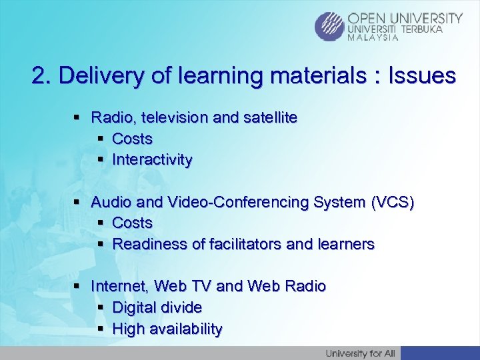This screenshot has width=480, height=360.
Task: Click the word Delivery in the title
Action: tap(95, 76)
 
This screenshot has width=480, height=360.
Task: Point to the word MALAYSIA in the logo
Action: tap(373, 38)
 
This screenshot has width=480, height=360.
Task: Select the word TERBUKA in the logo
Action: tap(439, 29)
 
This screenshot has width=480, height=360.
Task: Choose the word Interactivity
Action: tap(152, 160)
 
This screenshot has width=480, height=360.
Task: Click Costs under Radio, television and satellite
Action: tap(132, 139)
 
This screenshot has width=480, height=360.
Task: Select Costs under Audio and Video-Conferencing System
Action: tap(132, 223)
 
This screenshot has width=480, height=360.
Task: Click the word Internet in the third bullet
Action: tap(120, 286)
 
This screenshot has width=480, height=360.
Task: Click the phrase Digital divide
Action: tap(157, 307)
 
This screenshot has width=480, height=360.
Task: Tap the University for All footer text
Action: tap(360, 353)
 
